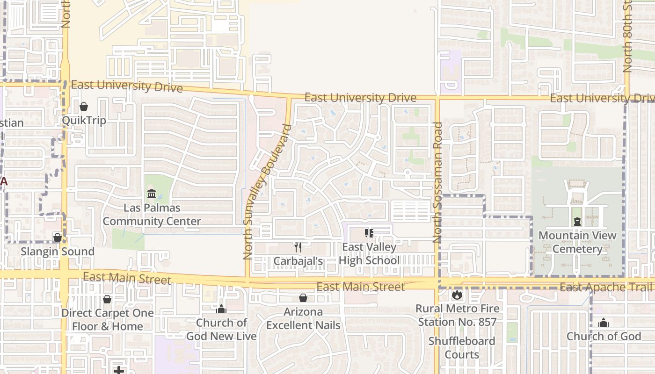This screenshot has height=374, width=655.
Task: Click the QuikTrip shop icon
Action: point(84,107)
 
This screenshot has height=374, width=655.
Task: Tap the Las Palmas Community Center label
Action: point(152,215)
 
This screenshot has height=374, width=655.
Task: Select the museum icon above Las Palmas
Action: point(152,194)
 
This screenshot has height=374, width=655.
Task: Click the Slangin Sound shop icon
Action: point(57,238)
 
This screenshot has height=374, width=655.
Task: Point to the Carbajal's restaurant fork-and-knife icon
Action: point(298,247)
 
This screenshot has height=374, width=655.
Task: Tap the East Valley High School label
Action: point(369,254)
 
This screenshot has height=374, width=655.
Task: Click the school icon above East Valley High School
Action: point(369,233)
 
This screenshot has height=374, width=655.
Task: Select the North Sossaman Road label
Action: point(438,182)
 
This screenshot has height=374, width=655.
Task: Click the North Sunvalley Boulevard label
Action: point(267,192)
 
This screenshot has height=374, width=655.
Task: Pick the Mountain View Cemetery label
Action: point(577,242)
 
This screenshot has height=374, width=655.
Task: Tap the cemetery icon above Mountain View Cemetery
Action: point(577,222)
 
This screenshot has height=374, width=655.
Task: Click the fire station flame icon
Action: point(457,295)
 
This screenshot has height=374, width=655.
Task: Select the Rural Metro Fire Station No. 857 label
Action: point(458,315)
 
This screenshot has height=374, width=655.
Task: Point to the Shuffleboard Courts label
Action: point(462,348)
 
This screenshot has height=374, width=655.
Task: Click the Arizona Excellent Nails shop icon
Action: point(303,298)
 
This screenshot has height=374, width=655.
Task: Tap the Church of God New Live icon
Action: point(221,309)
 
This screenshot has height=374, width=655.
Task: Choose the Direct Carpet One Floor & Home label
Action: point(108,320)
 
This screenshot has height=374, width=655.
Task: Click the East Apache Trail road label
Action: point(605,287)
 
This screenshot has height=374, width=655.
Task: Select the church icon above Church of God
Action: point(604,323)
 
